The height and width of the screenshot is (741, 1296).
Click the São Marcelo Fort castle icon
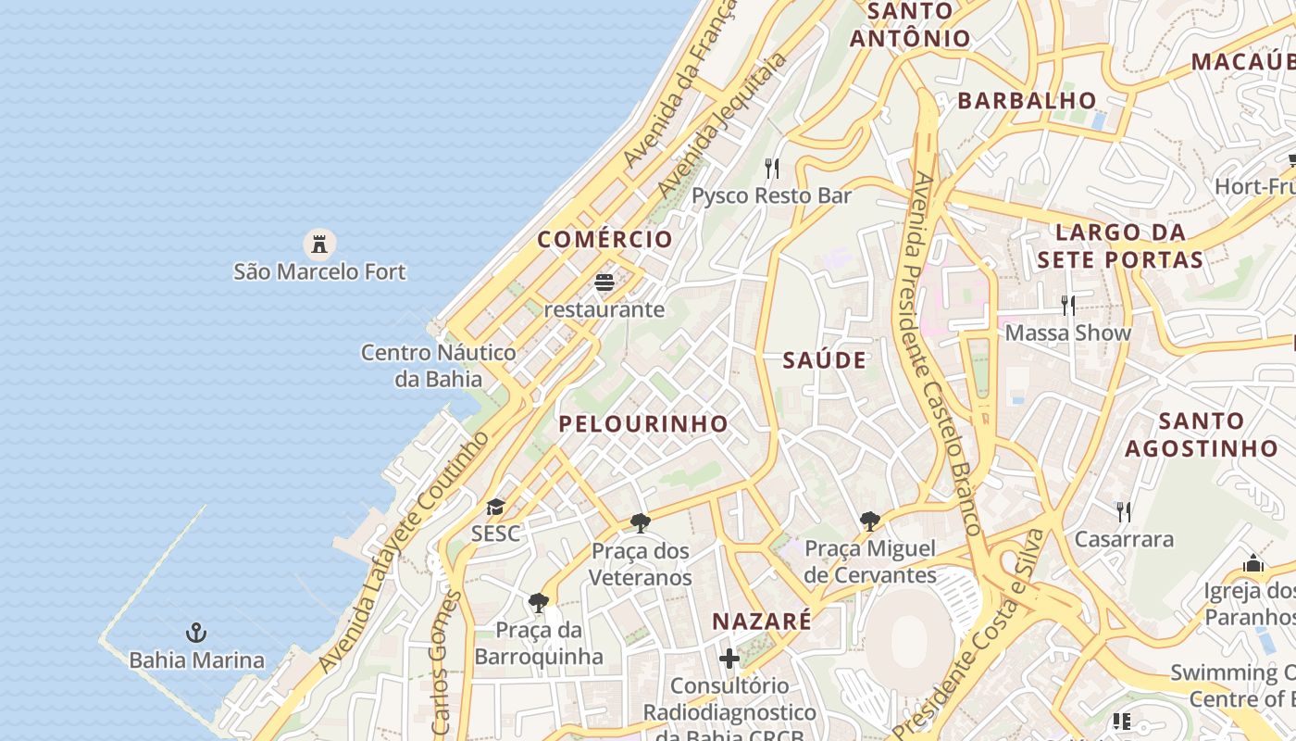[319, 245]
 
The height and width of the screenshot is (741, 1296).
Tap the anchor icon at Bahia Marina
[196, 634]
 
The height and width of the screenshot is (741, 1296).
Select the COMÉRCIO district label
[605, 239]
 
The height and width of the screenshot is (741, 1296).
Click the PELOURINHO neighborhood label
[643, 424]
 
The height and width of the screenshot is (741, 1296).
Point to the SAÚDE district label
[825, 360]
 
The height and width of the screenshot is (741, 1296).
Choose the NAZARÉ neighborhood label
[762, 621]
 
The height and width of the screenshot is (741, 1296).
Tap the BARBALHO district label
[1027, 100]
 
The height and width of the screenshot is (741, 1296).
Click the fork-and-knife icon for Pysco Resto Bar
[772, 168]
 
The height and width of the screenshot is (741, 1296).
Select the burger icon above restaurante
[604, 282]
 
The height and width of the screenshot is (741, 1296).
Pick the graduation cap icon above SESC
[495, 507]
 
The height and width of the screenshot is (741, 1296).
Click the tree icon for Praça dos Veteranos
[641, 523]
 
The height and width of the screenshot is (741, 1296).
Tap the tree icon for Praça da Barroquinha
[539, 603]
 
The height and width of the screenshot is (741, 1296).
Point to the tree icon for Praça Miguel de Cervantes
[870, 521]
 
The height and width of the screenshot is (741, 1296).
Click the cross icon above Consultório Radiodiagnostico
[729, 659]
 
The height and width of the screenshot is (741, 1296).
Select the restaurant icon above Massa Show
[1068, 304]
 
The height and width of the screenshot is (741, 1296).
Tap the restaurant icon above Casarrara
[1124, 511]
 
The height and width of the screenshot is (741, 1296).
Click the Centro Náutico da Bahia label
[439, 365]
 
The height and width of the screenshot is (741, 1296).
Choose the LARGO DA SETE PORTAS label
[1120, 245]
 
